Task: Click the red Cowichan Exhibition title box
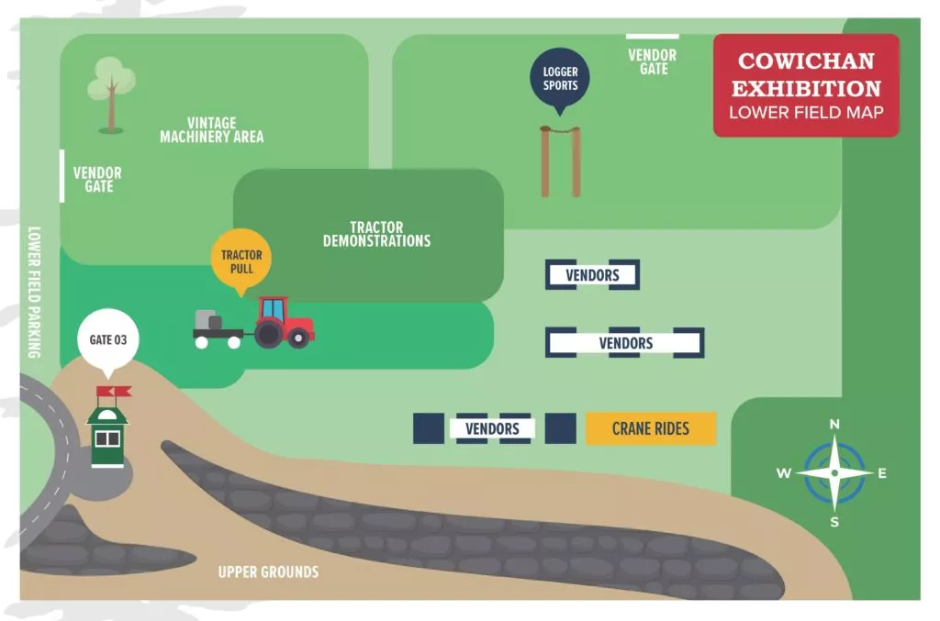[x=806, y=85]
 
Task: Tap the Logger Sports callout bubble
[x=560, y=77]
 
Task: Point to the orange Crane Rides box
[x=650, y=428]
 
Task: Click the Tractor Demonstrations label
[x=376, y=234]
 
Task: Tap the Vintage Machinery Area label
[x=211, y=129]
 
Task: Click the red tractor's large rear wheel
[x=269, y=335]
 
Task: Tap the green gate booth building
[x=107, y=438]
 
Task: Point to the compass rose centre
[x=834, y=473]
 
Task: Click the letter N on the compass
[x=834, y=424]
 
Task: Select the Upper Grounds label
[x=268, y=572]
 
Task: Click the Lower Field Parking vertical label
[x=35, y=291]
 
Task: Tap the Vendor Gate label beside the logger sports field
[x=653, y=61]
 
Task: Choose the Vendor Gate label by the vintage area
[x=97, y=179]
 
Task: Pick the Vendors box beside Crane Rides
[x=492, y=428]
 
